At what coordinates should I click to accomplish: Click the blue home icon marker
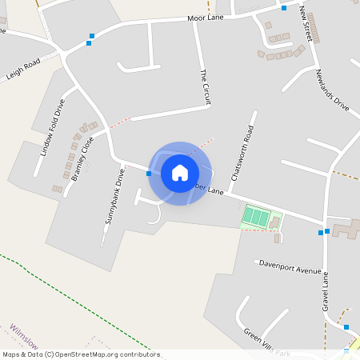pos(180,173)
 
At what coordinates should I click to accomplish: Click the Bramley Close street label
pos(82,158)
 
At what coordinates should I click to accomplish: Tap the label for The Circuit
pos(205,87)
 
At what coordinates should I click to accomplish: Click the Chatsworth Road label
pos(241,153)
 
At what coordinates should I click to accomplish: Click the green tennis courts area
pos(257,216)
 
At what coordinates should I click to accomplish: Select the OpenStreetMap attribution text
pos(80,354)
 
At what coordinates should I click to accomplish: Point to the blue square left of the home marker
pos(149,173)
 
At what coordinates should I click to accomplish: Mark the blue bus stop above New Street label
pos(284,8)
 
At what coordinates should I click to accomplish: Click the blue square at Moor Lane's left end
pos(92,36)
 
